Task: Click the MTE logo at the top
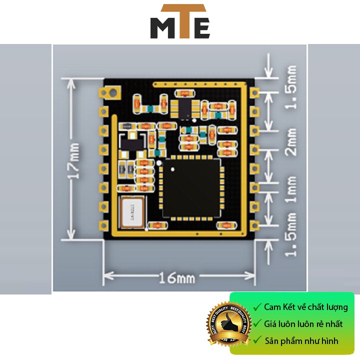coord(180,22)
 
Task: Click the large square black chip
coord(190,187)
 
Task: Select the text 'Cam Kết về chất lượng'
coord(306,307)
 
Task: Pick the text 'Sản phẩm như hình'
coord(301,341)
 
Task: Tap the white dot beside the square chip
coord(159,162)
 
